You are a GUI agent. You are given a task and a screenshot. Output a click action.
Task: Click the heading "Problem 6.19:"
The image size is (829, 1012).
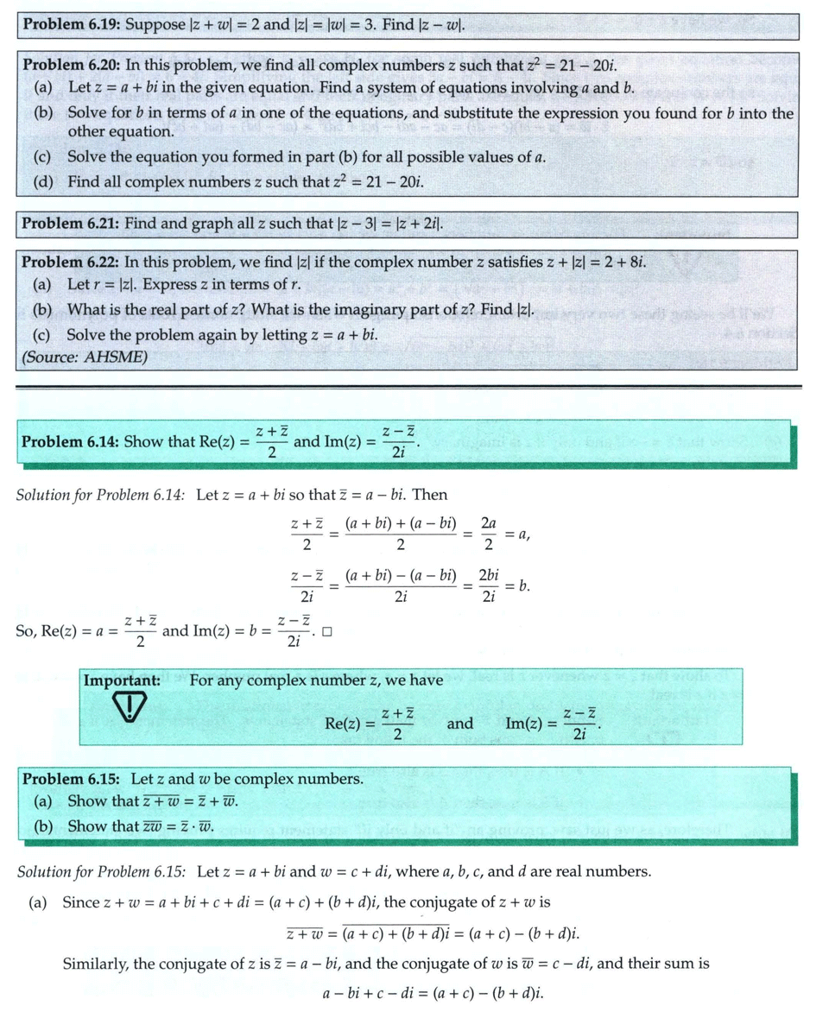click(72, 24)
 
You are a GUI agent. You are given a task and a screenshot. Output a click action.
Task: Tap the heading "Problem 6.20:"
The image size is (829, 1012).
click(72, 65)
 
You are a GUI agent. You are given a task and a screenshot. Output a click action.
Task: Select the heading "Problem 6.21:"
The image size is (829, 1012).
click(71, 224)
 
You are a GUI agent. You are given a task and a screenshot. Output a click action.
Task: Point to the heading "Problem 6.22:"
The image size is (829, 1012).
click(71, 262)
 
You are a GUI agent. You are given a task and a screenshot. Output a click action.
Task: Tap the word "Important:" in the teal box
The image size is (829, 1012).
click(122, 680)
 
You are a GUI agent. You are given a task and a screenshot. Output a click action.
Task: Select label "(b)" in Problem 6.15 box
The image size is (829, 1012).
click(43, 825)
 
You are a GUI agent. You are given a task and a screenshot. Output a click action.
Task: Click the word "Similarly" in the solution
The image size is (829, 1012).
click(94, 963)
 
